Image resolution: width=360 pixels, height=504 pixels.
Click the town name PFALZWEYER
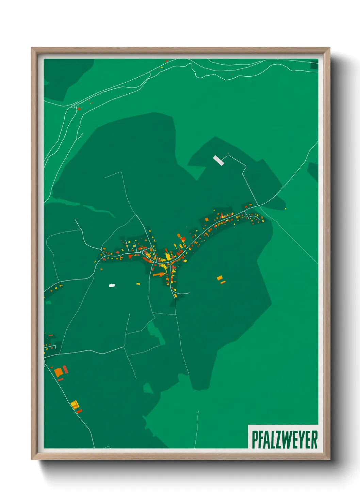284,439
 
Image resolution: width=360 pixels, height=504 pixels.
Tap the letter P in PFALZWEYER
255,439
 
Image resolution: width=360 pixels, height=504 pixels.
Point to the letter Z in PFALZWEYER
276,439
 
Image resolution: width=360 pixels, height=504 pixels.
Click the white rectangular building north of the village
218,160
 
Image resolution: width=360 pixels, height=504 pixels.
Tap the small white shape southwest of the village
112,285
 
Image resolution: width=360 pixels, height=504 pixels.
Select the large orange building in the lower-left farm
59,372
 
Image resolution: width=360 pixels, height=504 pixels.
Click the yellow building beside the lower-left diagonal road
75,405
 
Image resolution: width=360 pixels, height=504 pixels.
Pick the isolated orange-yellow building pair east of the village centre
220,280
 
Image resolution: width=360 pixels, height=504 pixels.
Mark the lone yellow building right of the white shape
138,284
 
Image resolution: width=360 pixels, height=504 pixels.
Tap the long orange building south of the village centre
158,274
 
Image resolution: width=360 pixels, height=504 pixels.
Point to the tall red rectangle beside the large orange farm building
65,369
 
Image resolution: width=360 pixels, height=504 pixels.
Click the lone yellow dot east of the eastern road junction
285,209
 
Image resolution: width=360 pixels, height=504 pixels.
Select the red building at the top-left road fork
79,109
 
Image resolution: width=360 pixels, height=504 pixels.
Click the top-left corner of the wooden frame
32,48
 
